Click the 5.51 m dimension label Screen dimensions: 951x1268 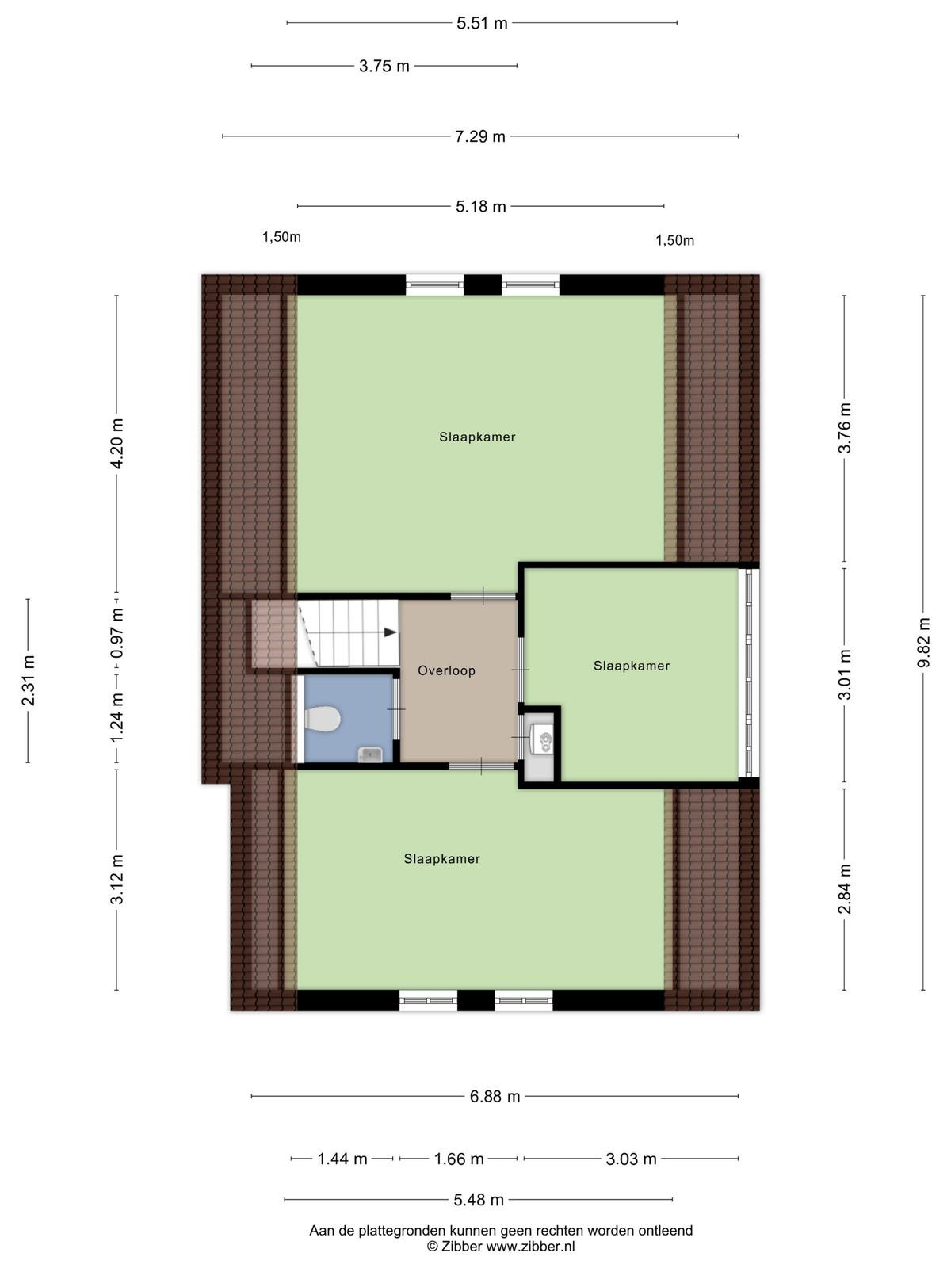click(482, 24)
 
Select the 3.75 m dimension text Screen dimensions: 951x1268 click(384, 67)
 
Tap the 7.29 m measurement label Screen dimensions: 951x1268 click(479, 136)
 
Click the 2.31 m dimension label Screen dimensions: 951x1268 click(29, 681)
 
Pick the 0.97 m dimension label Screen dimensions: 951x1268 click(117, 633)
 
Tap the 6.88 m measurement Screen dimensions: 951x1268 click(495, 1097)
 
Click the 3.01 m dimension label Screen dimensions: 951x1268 click(845, 674)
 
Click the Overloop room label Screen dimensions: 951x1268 click(446, 670)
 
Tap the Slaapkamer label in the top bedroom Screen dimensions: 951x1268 click(477, 437)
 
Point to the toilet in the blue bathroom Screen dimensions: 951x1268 click(323, 720)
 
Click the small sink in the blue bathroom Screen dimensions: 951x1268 click(369, 754)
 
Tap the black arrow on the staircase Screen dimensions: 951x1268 click(391, 632)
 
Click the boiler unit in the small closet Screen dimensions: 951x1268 click(541, 739)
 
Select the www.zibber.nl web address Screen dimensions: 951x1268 click(530, 1247)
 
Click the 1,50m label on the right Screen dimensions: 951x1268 click(674, 240)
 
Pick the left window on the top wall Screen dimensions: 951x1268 click(435, 285)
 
